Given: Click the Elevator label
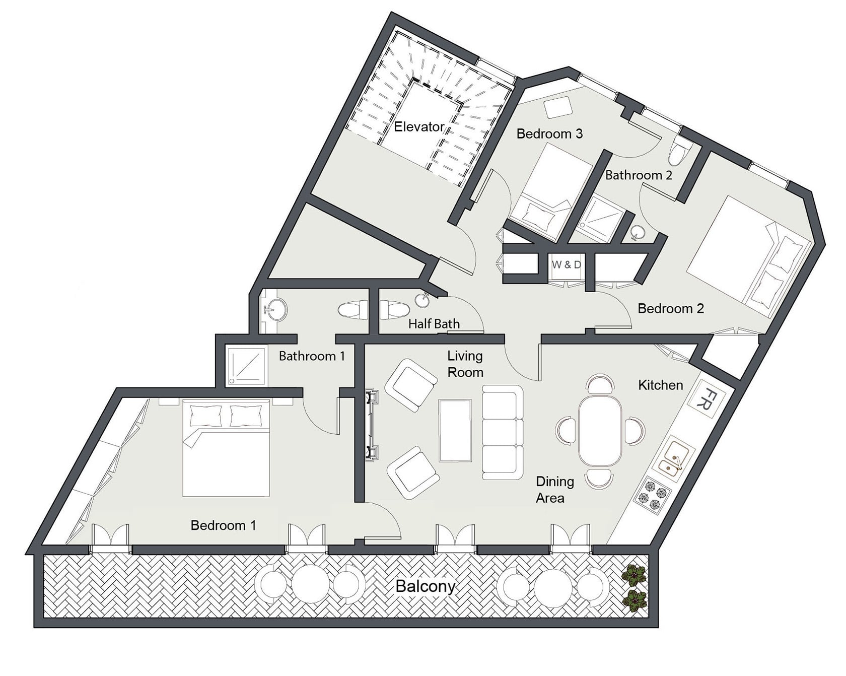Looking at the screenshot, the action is [419, 126].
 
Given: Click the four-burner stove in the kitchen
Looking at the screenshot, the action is [652, 494].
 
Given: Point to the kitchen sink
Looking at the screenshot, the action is [673, 458].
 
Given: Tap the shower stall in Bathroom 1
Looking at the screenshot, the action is [245, 366].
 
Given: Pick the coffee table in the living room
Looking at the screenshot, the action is [455, 430].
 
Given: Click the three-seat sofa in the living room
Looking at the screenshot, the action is [503, 432].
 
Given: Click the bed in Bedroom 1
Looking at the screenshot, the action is [226, 448].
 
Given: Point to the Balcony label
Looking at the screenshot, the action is [426, 586].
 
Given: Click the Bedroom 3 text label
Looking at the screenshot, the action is [549, 133].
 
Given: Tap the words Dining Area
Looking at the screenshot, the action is [554, 490].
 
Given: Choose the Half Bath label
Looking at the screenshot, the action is [434, 324].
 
